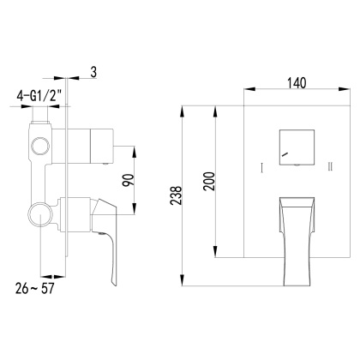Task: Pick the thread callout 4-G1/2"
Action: click(35, 97)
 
